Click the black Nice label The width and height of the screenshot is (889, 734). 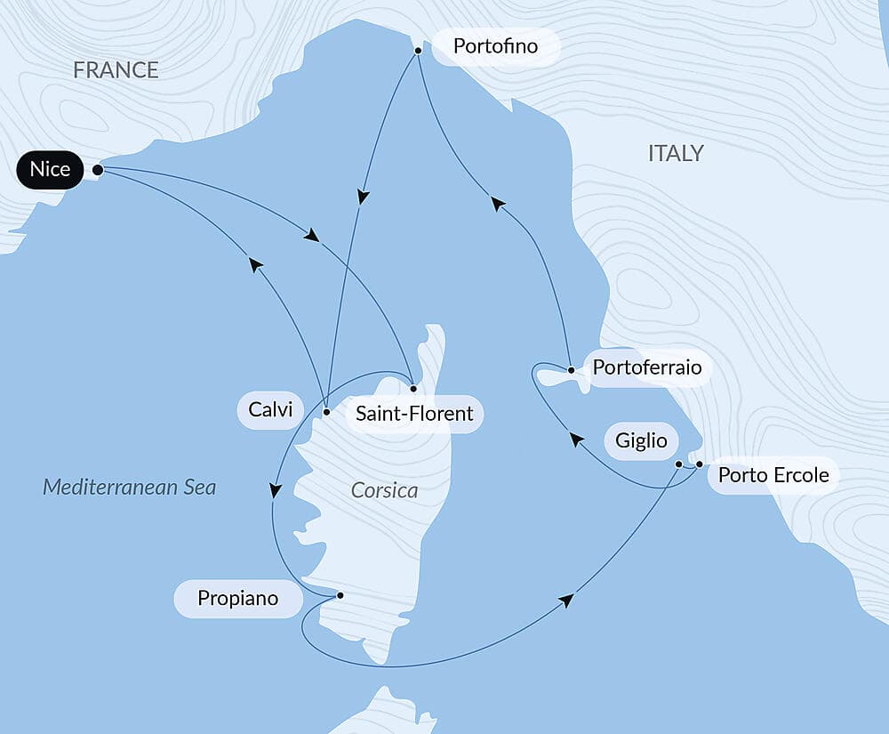[x=50, y=169]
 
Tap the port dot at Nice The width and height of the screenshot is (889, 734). [x=98, y=169]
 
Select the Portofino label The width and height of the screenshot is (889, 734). [x=495, y=45]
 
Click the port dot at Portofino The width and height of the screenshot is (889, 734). [x=417, y=52]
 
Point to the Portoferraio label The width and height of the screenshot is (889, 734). [x=646, y=367]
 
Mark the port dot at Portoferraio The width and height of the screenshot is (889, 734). [x=571, y=368]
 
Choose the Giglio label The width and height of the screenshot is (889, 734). [x=641, y=440]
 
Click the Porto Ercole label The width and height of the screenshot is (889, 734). [x=773, y=475]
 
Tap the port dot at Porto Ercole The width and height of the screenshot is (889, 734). [x=700, y=464]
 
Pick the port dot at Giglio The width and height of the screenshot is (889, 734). [x=678, y=464]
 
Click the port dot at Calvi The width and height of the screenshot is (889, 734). [x=326, y=412]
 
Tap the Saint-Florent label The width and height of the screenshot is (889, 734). [x=413, y=415]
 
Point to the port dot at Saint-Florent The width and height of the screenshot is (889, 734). [x=413, y=389]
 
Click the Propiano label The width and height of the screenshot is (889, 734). [x=237, y=599]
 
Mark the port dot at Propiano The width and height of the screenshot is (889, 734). [x=340, y=594]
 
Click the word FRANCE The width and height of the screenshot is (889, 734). [x=116, y=70]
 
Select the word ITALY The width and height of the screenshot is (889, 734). [x=676, y=153]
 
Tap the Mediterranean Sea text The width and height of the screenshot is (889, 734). [x=130, y=488]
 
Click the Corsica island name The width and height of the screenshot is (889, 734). [x=384, y=490]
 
